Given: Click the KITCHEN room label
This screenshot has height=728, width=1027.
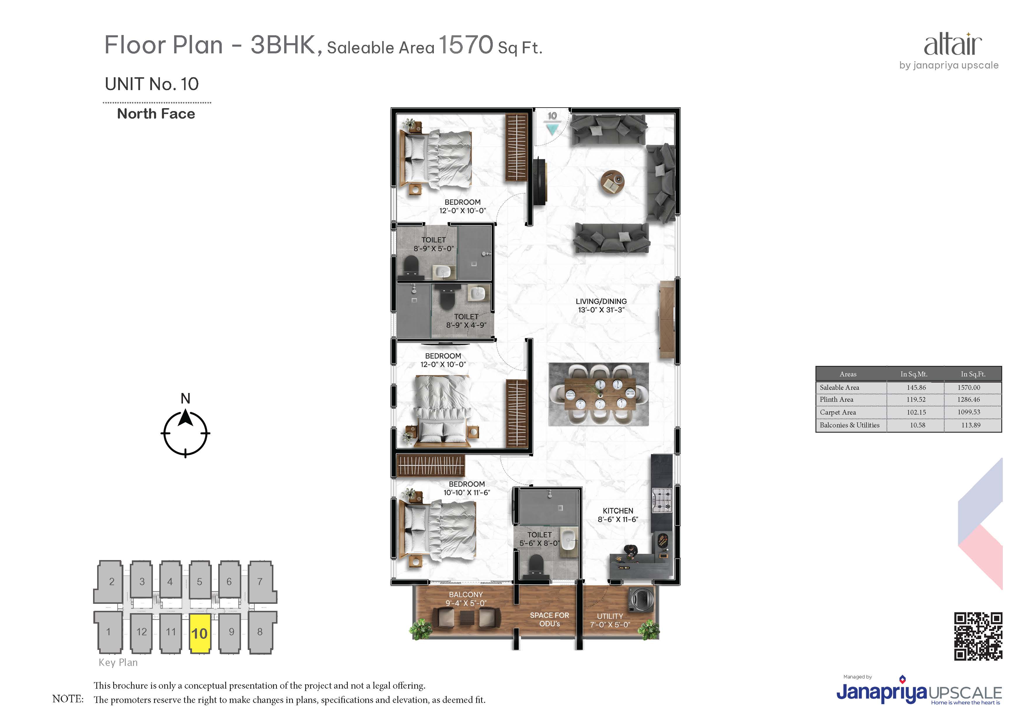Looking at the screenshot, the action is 618,511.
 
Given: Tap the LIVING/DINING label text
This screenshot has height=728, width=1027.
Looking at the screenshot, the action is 601,301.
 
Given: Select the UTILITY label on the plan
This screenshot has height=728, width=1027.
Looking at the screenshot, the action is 610,616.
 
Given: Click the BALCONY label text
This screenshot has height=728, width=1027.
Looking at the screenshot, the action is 466,594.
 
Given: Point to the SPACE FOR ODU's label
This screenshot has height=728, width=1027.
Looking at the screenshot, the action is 549,620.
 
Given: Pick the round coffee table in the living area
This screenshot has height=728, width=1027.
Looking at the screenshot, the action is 612,183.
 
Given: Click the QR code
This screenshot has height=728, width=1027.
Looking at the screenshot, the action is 978,636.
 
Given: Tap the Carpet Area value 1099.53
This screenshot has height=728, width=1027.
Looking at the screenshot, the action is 969,412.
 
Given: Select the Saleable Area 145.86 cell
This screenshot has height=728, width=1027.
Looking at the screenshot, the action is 916,387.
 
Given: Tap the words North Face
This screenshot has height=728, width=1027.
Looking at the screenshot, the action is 156,114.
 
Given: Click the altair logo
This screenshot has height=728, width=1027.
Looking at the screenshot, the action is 953,44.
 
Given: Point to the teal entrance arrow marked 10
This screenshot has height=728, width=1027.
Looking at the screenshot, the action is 553,129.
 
